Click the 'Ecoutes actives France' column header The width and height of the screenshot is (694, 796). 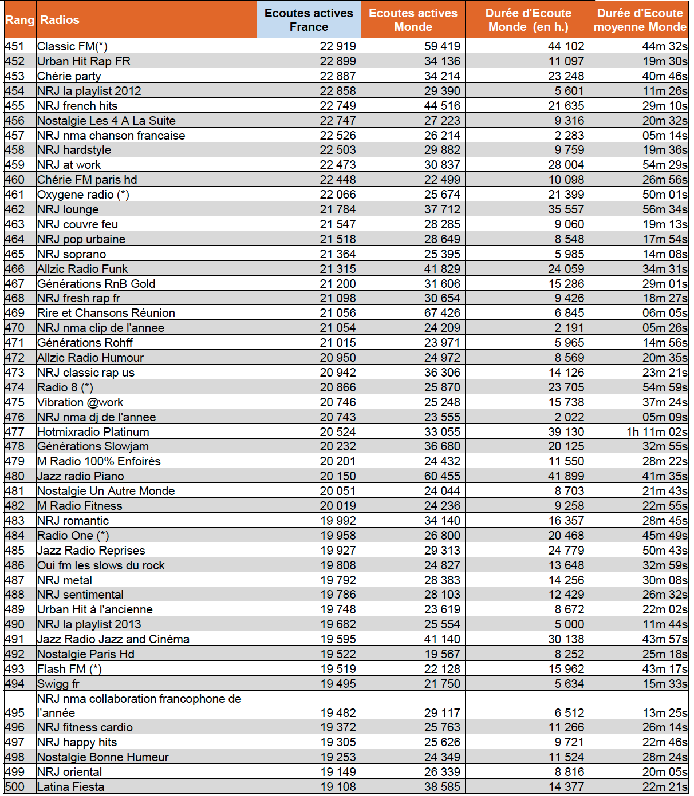tap(309, 20)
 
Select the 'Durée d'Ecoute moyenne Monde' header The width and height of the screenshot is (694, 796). tap(640, 20)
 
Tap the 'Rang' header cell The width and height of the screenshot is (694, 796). tap(19, 20)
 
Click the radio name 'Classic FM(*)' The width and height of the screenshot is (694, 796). tap(72, 46)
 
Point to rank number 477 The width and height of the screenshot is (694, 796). tap(15, 432)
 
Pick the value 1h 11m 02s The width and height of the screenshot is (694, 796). tap(657, 432)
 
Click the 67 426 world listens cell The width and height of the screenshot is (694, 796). tap(442, 313)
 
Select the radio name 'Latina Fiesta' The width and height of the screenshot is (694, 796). tap(70, 787)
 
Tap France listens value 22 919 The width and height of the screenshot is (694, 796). tap(338, 46)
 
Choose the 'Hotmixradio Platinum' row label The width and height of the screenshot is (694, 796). tap(93, 432)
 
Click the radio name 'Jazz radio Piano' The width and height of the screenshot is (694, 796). tap(80, 476)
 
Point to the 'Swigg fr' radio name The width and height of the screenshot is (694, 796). tap(58, 684)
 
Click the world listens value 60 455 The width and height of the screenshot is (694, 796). tap(442, 476)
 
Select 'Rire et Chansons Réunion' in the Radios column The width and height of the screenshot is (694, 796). tap(106, 313)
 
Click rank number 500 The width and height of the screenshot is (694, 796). tap(15, 787)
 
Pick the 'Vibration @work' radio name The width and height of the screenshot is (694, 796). tap(80, 402)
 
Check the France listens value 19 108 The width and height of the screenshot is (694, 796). tap(338, 787)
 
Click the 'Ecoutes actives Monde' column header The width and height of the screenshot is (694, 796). tap(413, 20)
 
